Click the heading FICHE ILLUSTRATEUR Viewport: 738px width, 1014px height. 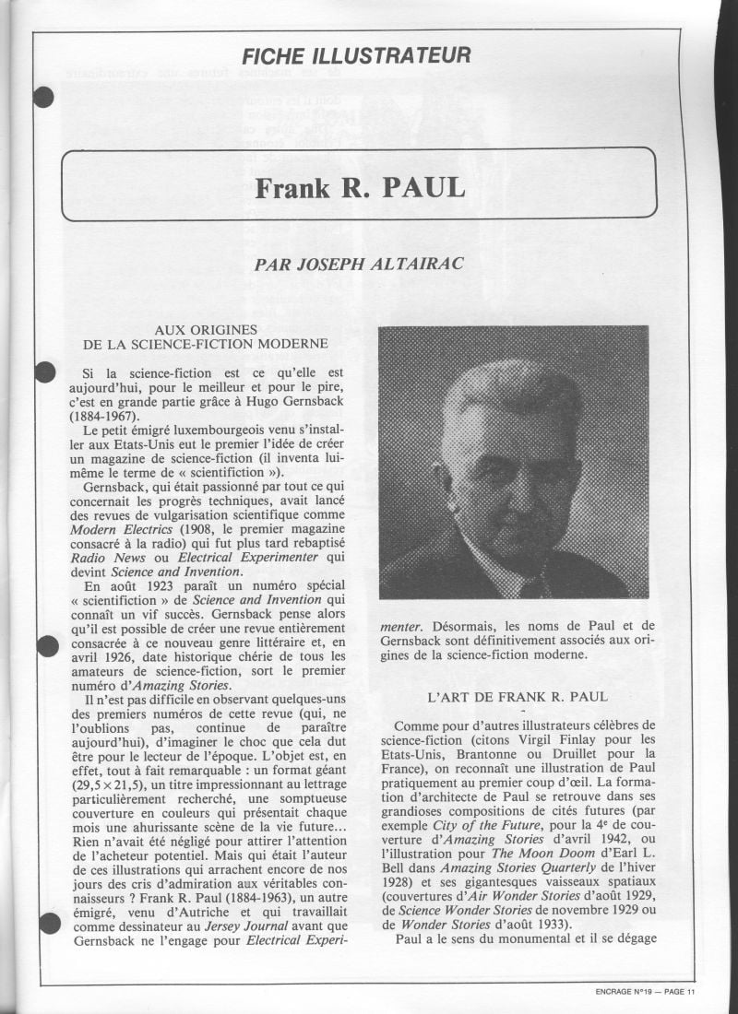click(x=355, y=55)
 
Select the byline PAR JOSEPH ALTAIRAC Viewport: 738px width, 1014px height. click(x=358, y=265)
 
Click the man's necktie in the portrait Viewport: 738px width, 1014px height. click(x=533, y=586)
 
